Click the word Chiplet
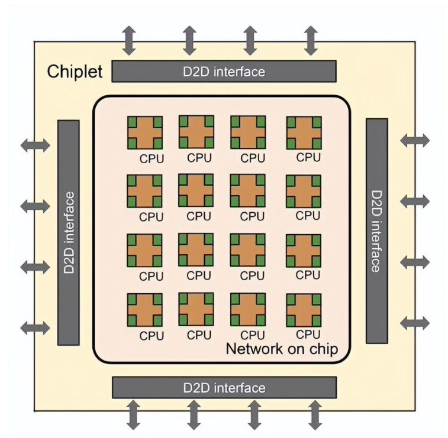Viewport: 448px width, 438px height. coord(75,72)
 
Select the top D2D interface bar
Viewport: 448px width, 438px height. coord(224,72)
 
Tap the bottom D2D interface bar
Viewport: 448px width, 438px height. coord(224,388)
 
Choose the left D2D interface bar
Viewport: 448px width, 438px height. coord(68,232)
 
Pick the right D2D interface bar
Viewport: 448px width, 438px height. coord(376,231)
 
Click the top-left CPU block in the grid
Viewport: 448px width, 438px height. coord(144,132)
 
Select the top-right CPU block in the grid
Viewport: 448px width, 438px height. coord(304,132)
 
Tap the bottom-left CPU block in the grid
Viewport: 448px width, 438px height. coord(144,310)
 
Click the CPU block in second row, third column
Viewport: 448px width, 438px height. coord(248,191)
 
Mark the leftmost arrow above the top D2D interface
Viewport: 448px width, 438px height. coord(129,40)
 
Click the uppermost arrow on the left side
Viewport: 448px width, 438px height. coord(36,145)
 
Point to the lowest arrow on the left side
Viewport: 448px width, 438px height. coord(36,327)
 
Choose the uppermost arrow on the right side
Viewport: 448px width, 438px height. coord(415,141)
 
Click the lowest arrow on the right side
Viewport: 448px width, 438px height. coord(415,323)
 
